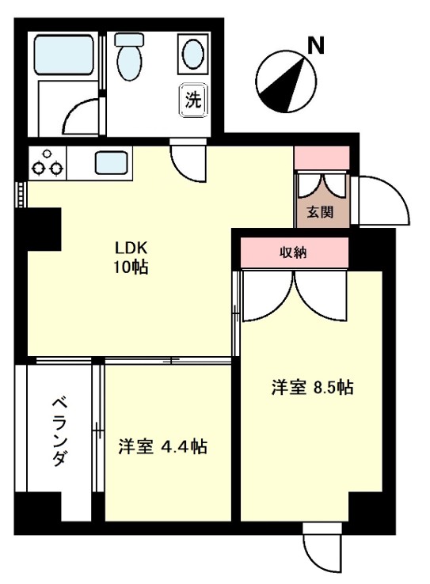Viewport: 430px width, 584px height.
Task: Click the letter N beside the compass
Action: [316, 47]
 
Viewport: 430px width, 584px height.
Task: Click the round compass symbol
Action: [282, 80]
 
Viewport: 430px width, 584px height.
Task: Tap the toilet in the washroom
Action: [127, 56]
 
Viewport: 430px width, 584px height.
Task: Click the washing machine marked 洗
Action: [193, 100]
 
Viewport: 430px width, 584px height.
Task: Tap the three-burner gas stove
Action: [48, 162]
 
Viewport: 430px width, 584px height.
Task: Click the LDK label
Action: [130, 247]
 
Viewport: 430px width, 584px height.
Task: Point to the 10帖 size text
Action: [130, 267]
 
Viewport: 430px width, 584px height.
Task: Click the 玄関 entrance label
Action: [320, 211]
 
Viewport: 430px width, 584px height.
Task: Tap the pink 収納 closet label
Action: [295, 253]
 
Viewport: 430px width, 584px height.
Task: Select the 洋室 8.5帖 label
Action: [312, 388]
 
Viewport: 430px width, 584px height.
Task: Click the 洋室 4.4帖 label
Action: [162, 447]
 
